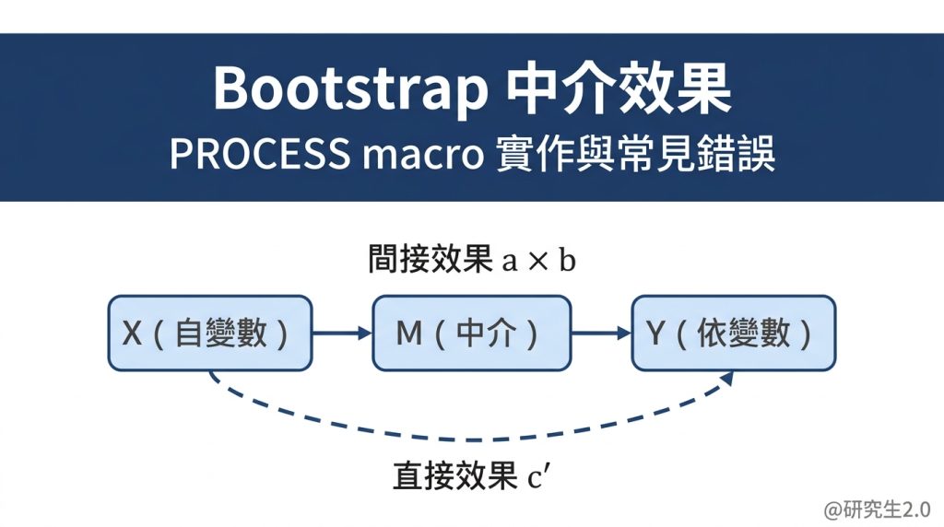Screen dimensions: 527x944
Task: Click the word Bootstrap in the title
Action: coord(349,89)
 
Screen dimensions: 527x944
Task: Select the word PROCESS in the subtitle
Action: coord(259,155)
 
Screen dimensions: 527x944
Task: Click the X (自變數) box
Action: coord(210,333)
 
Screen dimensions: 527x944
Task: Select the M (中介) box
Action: coord(471,333)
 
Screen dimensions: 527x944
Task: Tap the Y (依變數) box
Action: coord(734,333)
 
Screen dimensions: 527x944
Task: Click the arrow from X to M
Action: coord(342,333)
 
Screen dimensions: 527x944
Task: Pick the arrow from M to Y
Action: coord(601,333)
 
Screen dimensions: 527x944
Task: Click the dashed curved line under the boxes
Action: coord(470,439)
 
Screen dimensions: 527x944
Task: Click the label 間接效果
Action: coord(429,261)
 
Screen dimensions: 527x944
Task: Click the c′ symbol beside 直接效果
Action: coord(539,477)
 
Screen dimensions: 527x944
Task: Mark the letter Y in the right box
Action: coord(655,334)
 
